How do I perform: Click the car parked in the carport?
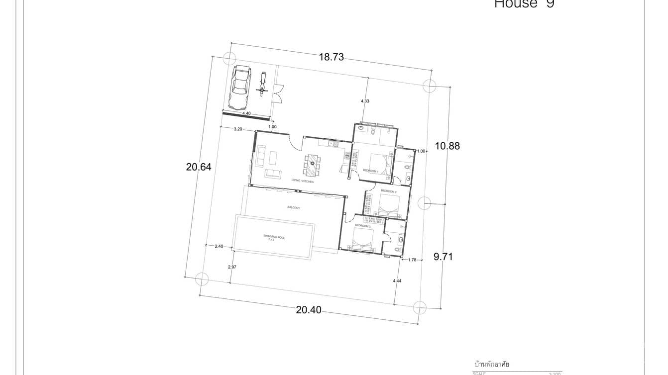239,88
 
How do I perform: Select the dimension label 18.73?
332,57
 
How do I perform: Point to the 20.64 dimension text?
199,167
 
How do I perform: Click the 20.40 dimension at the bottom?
309,310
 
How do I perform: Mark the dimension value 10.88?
447,146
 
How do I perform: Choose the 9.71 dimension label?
443,257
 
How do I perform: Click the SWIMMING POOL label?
274,238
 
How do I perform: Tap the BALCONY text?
294,207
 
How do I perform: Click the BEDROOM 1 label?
370,171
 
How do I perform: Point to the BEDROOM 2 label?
388,191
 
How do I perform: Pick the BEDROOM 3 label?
362,226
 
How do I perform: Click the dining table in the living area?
312,166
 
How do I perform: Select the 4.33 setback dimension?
365,101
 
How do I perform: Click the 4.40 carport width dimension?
246,113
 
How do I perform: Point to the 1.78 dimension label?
412,260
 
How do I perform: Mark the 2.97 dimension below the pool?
232,268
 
